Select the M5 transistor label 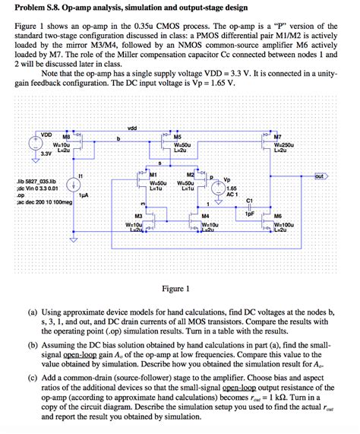click(199, 138)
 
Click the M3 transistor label click(137, 217)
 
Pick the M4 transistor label click(206, 217)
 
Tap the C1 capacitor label click(250, 201)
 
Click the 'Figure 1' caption click(180, 289)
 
